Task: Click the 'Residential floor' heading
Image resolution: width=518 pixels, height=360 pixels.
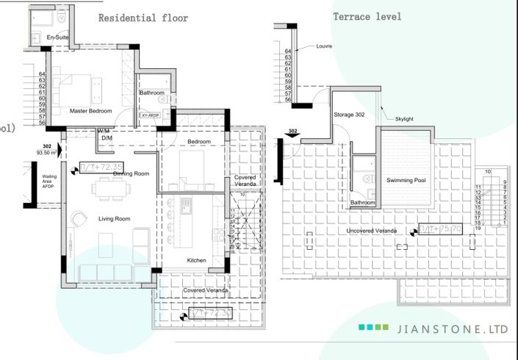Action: pyautogui.click(x=143, y=18)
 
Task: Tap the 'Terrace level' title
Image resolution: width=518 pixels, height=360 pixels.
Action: pyautogui.click(x=367, y=16)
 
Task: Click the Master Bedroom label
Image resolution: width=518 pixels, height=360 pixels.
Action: pyautogui.click(x=90, y=111)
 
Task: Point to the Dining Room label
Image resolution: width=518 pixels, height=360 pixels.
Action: pyautogui.click(x=132, y=173)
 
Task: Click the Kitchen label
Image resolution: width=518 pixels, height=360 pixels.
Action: pyautogui.click(x=197, y=261)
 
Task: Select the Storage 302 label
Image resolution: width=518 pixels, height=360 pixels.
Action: pyautogui.click(x=349, y=115)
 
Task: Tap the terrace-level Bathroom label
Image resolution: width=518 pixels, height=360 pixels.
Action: pyautogui.click(x=363, y=202)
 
